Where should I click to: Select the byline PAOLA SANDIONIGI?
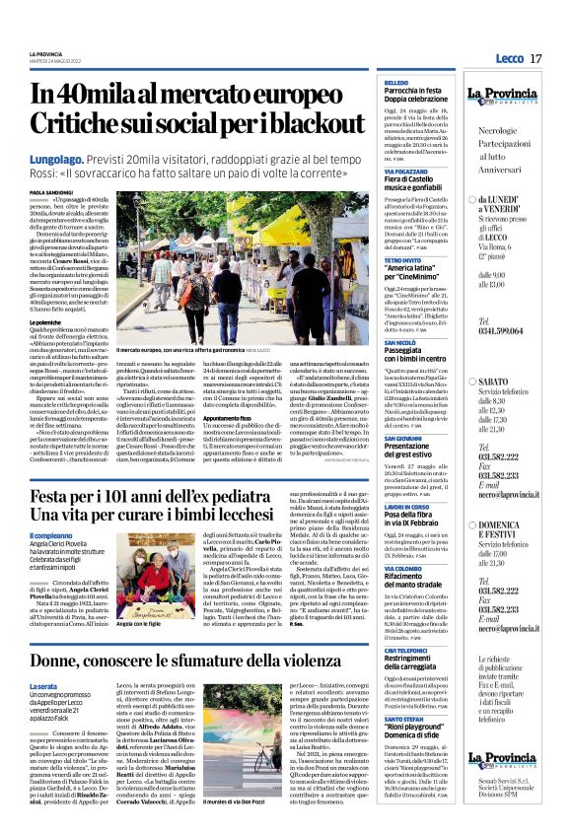point(49,192)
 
